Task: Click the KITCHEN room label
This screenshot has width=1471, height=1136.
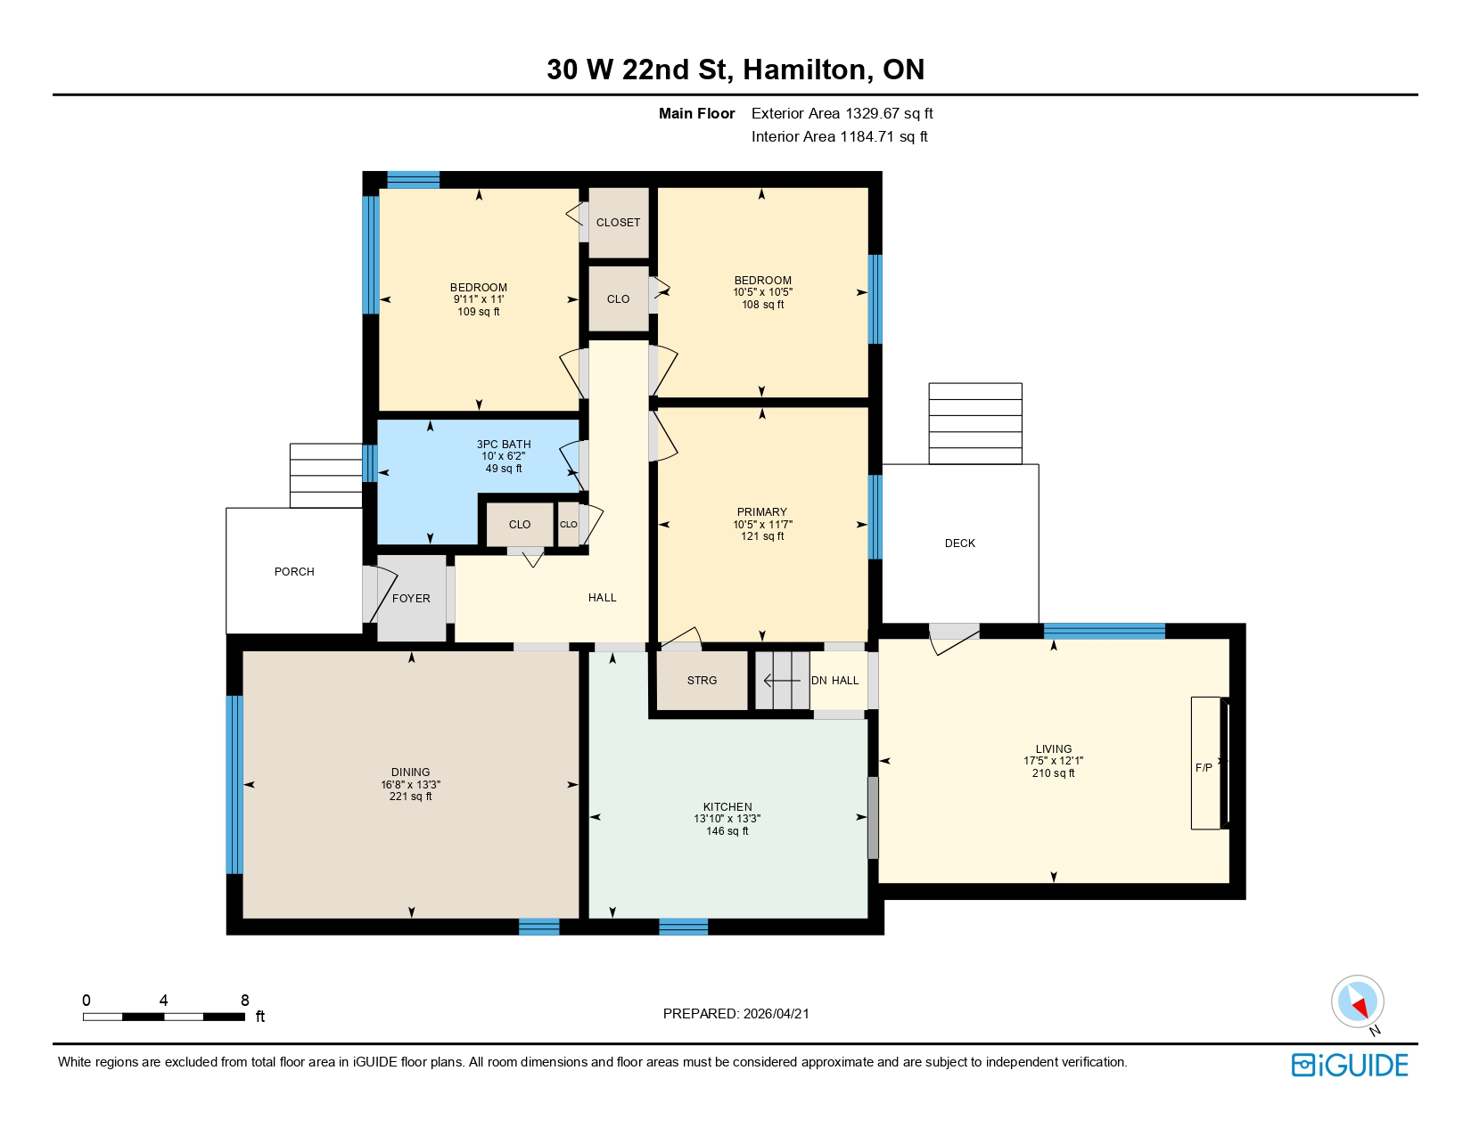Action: (727, 806)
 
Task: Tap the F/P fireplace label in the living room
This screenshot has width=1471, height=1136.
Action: (1203, 767)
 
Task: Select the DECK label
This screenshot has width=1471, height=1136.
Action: (959, 543)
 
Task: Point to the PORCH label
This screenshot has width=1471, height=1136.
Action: (294, 571)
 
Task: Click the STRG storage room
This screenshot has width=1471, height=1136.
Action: (702, 680)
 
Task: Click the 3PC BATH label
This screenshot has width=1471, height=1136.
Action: (503, 444)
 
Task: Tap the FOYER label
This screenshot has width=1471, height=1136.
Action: (411, 598)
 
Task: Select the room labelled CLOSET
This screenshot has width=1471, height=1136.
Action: (618, 222)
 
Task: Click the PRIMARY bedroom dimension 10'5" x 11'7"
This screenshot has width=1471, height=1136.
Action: (762, 524)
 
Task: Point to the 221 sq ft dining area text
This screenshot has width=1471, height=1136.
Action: (410, 797)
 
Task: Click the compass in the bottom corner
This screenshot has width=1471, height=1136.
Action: (1357, 1001)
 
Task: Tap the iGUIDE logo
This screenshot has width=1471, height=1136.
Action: (1350, 1065)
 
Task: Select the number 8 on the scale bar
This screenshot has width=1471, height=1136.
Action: (245, 1000)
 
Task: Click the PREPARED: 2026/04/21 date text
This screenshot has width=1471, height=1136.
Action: (735, 1013)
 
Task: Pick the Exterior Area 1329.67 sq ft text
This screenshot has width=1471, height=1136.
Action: (842, 113)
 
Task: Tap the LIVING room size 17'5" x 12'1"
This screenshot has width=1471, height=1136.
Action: (1053, 761)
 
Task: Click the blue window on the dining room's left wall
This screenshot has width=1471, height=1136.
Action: (234, 784)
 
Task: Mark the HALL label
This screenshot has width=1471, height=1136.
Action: (602, 597)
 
